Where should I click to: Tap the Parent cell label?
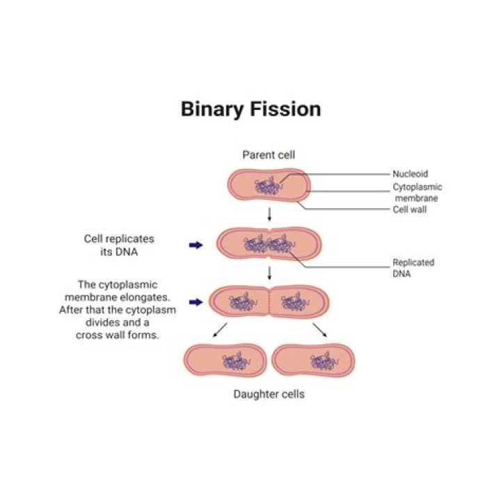point(268,154)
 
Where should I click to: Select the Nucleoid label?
point(411,173)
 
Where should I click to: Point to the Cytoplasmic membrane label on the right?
point(417,192)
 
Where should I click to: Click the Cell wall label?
point(410,209)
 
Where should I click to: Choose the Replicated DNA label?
point(413,268)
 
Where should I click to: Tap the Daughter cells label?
point(268,395)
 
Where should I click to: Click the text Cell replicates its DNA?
point(119,245)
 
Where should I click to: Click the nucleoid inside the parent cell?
point(267,187)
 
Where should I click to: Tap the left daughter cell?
point(226,360)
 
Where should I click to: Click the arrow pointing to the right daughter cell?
point(320,329)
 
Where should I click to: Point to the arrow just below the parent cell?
point(269,214)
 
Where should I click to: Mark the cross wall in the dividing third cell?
point(269,303)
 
